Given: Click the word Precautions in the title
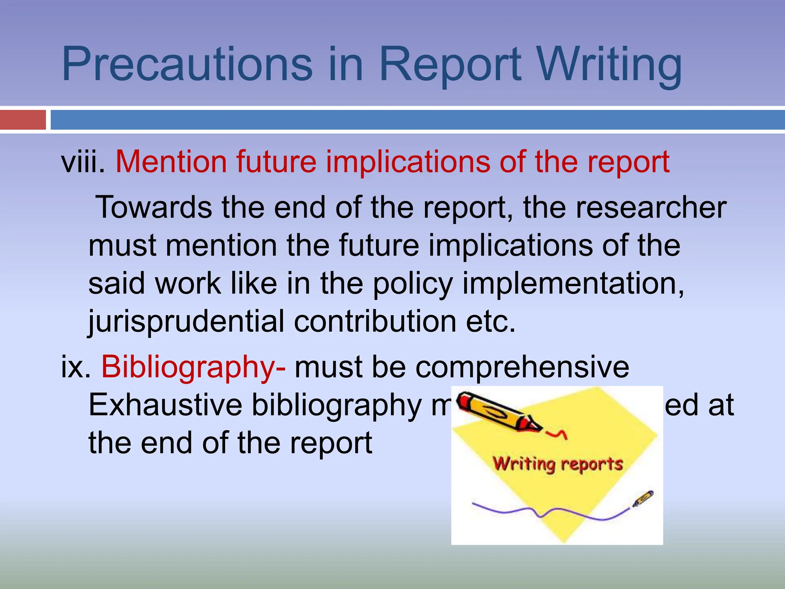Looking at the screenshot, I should (187, 64).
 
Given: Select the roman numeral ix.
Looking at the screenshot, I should (76, 367).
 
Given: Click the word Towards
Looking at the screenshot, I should (153, 207).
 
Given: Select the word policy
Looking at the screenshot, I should (413, 284).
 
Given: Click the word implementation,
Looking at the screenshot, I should (573, 284).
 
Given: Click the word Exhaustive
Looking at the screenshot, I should (165, 405).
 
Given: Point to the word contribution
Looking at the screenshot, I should (375, 321).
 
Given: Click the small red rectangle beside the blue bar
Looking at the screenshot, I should (23, 120).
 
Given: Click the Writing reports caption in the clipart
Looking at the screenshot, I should (558, 464).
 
